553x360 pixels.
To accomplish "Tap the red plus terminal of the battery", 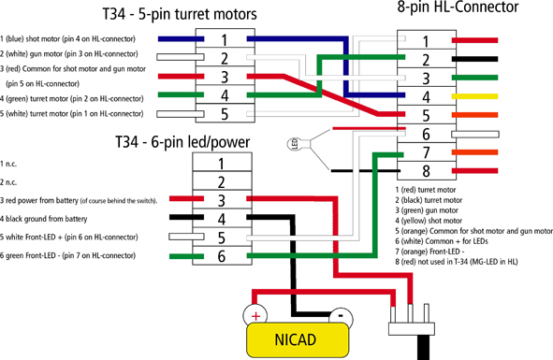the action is click(255, 315).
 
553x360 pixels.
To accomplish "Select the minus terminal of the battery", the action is click(341, 316).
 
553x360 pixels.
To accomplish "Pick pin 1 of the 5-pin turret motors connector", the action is click(225, 39).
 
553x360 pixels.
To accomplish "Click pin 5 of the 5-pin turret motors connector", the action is click(225, 113).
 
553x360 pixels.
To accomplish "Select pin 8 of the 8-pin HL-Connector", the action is click(427, 171).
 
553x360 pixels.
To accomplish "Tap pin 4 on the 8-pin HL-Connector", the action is click(427, 96).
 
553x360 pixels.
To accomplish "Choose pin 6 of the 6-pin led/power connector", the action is click(222, 255).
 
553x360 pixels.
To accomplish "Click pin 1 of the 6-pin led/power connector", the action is click(222, 163).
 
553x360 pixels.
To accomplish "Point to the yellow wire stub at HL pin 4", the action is click(474, 96).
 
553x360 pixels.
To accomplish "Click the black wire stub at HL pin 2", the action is click(474, 59).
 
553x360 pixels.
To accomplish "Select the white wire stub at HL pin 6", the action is click(475, 134).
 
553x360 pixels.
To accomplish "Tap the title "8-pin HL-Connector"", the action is click(458, 7).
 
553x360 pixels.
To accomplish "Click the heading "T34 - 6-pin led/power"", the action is click(182, 142).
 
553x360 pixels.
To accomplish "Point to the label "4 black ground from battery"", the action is click(43, 219).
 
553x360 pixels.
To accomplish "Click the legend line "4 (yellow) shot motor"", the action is click(429, 221).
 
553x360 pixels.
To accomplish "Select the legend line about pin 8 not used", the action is click(457, 262).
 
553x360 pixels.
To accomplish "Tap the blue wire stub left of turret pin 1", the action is click(181, 39).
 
